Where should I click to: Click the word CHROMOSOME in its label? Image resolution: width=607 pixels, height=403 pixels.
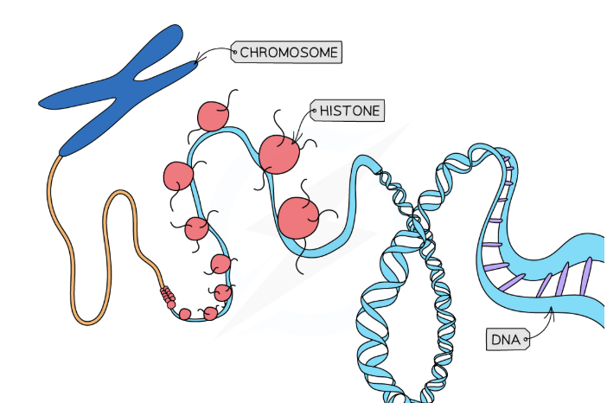tap(289, 52)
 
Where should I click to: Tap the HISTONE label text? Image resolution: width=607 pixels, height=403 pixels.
tap(350, 111)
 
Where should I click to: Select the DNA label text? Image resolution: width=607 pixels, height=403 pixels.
tap(506, 340)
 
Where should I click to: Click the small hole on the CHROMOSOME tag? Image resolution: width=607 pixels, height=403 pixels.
tap(234, 52)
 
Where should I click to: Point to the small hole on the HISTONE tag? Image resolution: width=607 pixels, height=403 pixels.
tap(314, 111)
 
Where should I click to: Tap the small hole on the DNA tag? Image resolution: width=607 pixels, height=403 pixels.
tap(526, 340)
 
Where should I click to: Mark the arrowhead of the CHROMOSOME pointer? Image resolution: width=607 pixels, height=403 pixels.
tap(196, 61)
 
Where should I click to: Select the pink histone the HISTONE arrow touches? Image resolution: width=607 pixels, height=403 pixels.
tap(279, 155)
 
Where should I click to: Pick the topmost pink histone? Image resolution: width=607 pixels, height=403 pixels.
tap(213, 116)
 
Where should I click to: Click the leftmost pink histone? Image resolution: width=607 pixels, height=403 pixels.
tap(178, 176)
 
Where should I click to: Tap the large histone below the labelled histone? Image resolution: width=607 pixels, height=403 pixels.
tap(298, 218)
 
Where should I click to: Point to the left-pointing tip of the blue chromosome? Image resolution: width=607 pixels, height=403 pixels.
tap(39, 104)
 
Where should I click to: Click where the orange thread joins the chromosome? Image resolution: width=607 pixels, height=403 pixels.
tap(61, 156)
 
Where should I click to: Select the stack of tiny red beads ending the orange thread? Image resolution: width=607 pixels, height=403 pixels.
tap(168, 295)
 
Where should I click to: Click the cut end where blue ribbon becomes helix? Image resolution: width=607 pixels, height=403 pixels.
tap(378, 170)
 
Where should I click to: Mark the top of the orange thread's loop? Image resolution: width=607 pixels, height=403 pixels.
tap(120, 192)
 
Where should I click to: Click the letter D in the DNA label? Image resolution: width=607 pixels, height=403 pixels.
tap(495, 340)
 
